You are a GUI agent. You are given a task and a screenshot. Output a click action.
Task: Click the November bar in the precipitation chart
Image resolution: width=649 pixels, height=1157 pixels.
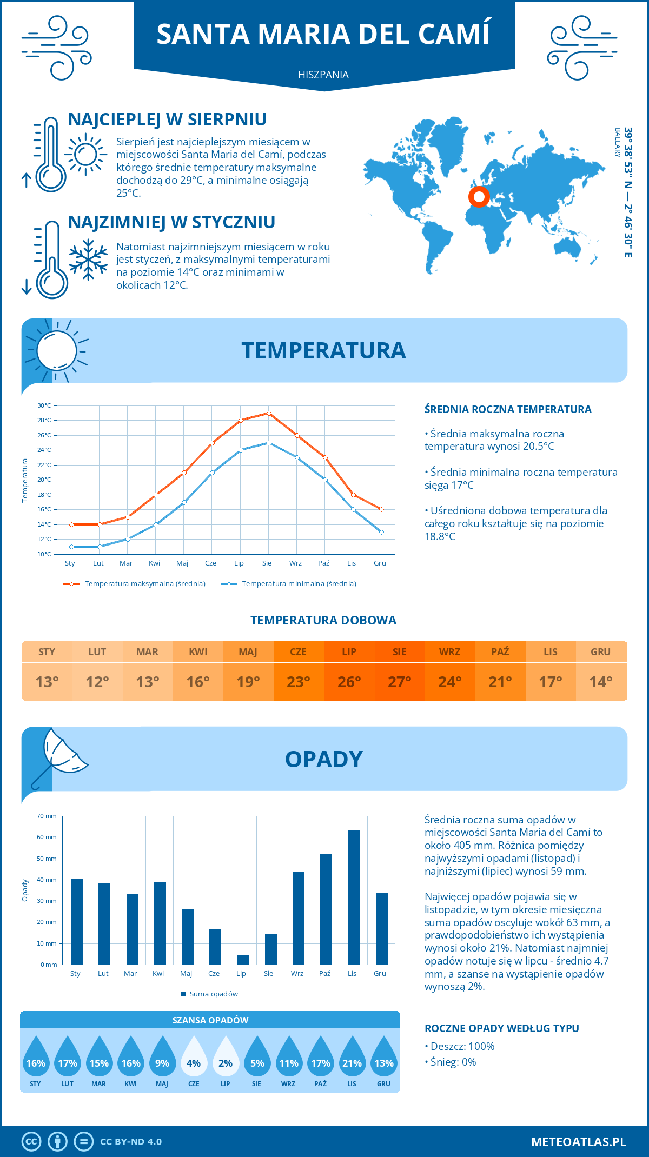coord(354,897)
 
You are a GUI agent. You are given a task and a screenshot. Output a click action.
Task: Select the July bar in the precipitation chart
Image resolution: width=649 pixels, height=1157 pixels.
coord(243,960)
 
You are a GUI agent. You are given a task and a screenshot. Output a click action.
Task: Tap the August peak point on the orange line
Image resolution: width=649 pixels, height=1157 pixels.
coord(269,413)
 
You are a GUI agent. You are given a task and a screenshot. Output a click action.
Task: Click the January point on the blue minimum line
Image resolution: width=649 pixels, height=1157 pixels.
coord(71,547)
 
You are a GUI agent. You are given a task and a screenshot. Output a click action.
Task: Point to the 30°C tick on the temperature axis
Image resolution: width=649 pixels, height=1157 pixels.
coord(44,405)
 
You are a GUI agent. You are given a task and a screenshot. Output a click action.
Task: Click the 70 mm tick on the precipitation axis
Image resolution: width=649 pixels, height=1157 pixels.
coord(47,816)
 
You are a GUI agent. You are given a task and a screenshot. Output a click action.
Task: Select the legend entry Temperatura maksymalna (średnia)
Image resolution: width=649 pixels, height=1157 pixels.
coord(135,584)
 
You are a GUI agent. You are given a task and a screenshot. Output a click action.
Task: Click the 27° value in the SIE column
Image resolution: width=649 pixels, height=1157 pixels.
coord(400,682)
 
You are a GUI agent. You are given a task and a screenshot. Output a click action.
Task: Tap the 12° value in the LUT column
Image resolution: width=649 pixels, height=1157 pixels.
coord(97,682)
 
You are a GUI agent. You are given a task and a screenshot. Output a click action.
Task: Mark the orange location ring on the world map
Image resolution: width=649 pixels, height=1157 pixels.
coord(479,196)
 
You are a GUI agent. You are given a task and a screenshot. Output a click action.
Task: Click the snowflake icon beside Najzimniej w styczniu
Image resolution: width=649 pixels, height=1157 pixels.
coord(88,260)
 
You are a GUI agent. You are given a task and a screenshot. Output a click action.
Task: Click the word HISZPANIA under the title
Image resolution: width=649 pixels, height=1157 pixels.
coord(323,75)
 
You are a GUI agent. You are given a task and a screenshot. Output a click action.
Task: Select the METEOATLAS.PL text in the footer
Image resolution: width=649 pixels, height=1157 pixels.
coord(579,1141)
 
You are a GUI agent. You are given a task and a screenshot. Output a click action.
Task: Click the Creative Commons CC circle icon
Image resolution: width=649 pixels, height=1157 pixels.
coord(31,1141)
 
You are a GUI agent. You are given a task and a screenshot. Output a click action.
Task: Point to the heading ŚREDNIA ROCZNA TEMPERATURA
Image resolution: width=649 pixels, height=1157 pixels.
coord(508,409)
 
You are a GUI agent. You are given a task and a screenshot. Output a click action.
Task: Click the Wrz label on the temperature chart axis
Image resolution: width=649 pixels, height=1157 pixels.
coord(295,563)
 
